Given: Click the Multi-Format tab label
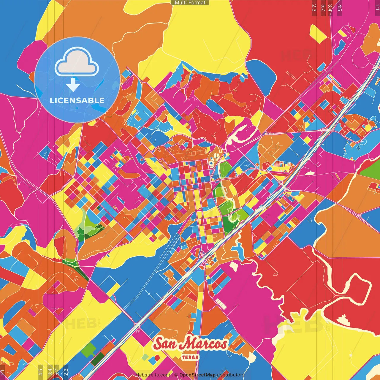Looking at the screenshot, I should pos(190,3).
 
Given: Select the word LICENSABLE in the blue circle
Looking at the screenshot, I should pos(77,100).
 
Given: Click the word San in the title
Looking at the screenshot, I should pos(165,344).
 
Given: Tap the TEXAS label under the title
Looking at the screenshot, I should pos(190,357).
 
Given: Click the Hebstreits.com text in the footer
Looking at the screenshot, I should pos(153,375).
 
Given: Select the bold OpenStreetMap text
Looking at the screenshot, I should pos(197,375).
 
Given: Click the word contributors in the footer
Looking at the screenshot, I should pos(231,375).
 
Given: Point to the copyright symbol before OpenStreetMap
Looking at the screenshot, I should pos(176,375).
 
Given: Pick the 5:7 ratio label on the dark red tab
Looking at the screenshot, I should pos(323,8).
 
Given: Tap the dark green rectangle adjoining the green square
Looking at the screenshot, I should pos(98,359).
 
